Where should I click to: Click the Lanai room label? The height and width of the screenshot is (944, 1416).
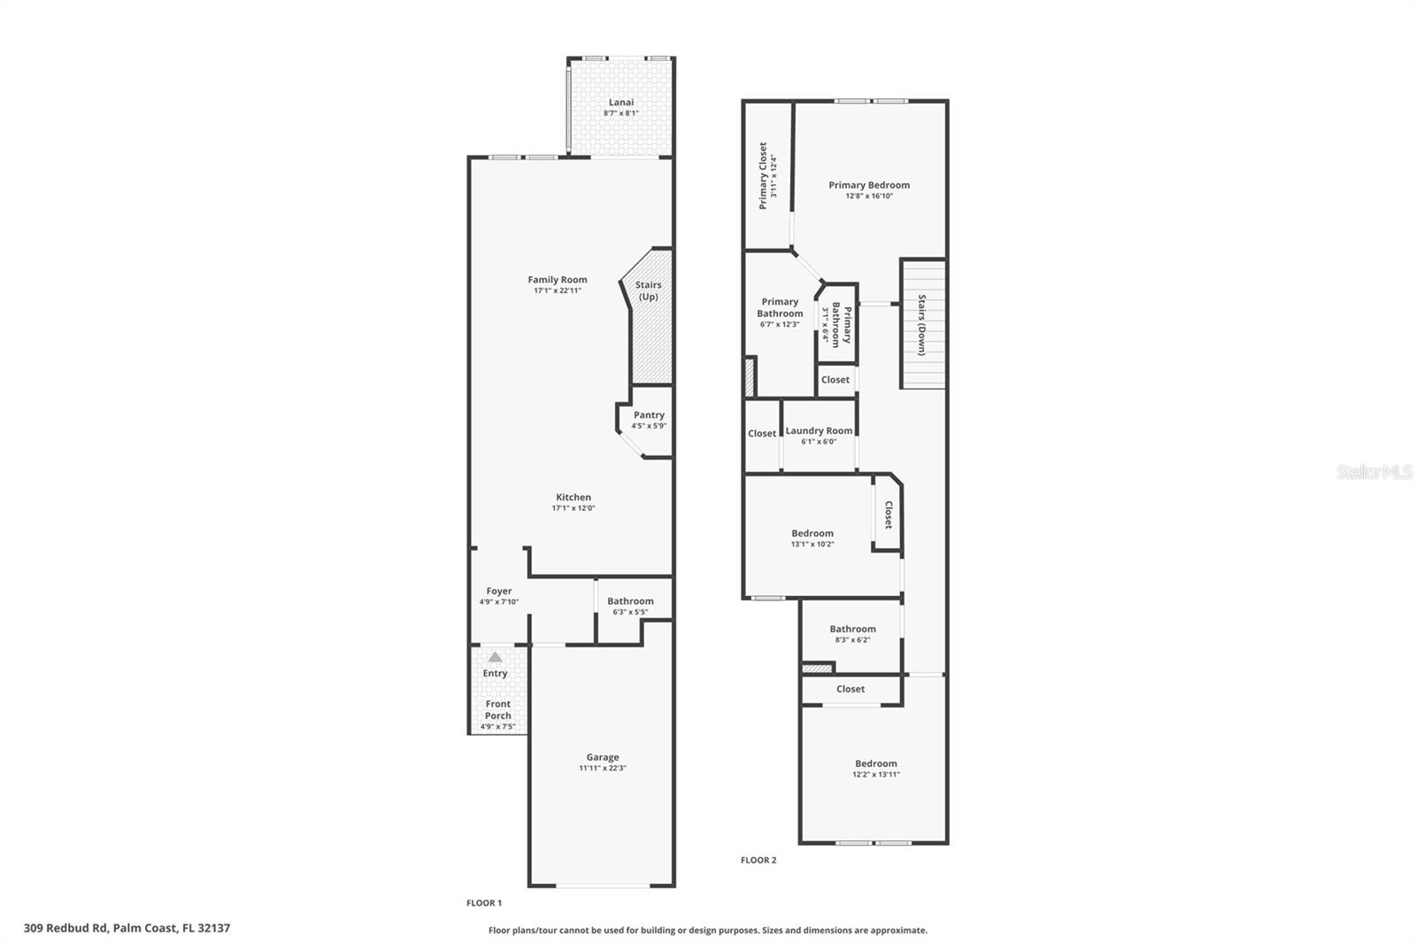point(620,102)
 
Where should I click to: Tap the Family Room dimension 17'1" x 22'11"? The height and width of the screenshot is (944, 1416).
point(557,290)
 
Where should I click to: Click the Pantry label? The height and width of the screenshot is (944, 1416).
point(649,414)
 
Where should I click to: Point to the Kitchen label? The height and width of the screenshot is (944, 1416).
point(573,497)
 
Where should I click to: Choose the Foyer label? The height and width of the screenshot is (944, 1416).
point(499,591)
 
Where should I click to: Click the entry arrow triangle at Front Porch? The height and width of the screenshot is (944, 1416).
point(496,657)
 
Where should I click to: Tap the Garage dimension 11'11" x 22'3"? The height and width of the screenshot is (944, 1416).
point(602,769)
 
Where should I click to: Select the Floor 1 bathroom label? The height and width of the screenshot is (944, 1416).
point(630,600)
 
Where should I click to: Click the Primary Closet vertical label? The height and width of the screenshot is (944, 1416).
point(763,175)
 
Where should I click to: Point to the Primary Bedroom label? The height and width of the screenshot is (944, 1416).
point(869,185)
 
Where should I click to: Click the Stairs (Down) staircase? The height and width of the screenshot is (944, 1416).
point(922,324)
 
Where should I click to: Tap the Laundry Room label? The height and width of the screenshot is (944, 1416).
point(819,430)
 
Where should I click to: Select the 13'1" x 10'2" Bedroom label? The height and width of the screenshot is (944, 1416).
point(812,533)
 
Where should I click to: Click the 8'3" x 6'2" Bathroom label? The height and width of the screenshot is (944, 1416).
point(852,629)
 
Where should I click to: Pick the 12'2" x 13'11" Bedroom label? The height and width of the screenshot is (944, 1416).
point(875,763)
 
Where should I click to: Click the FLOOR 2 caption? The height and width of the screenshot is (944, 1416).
point(758,860)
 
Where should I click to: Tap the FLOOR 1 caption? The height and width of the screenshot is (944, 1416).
point(484,903)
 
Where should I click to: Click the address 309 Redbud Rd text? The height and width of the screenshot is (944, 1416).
point(127,928)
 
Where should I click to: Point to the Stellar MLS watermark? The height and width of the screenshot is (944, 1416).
point(1374,472)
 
